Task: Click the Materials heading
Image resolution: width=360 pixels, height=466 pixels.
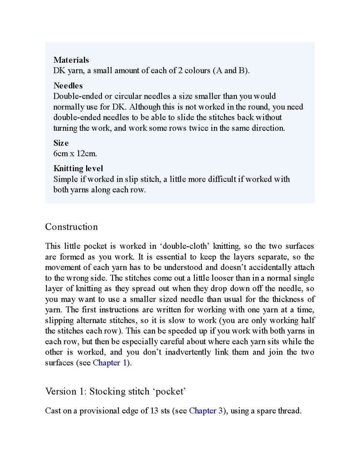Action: pyautogui.click(x=71, y=60)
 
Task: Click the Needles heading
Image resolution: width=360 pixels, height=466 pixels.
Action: pyautogui.click(x=68, y=86)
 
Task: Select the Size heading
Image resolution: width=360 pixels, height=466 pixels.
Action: pyautogui.click(x=61, y=143)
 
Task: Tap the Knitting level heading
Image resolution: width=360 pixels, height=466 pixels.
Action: pyautogui.click(x=78, y=169)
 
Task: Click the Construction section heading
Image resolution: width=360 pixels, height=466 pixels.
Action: pyautogui.click(x=71, y=227)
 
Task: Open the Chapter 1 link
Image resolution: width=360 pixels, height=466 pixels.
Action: pyautogui.click(x=110, y=363)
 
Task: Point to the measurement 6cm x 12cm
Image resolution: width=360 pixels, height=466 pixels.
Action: pyautogui.click(x=75, y=154)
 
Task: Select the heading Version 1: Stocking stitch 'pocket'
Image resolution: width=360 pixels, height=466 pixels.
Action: pyautogui.click(x=115, y=391)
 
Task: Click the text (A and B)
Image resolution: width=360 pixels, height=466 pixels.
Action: pyautogui.click(x=231, y=71)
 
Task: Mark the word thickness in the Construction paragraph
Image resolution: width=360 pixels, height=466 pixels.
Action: pyautogui.click(x=288, y=299)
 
